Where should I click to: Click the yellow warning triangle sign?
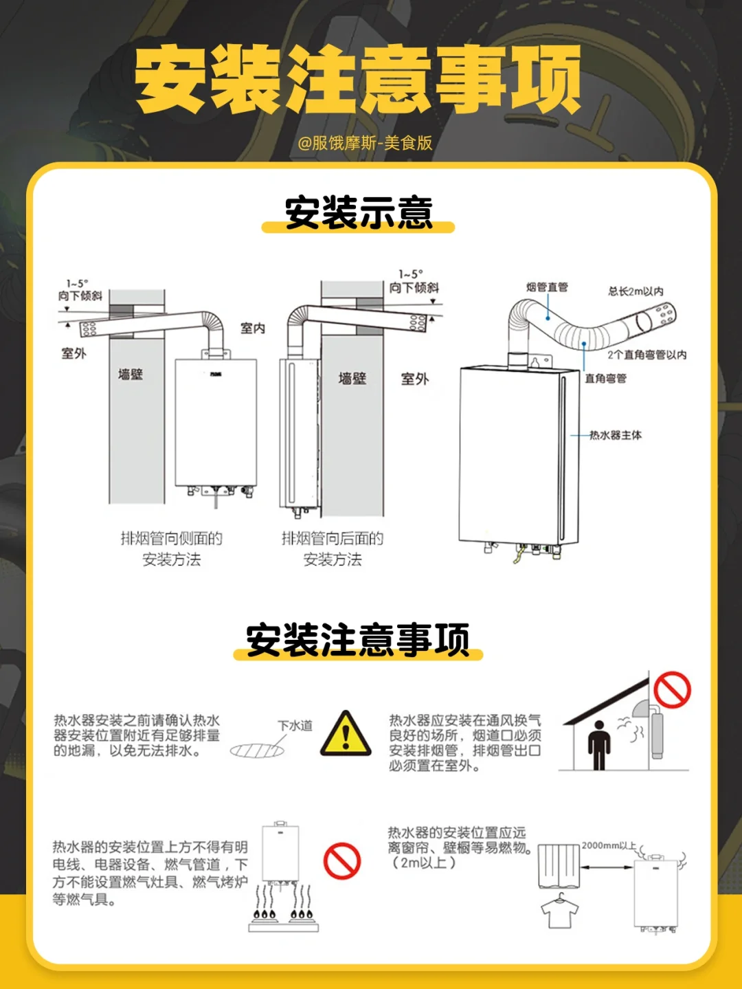pos(346,735)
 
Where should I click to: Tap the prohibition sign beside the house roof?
pos(672,690)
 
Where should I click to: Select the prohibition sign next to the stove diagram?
pos(342,861)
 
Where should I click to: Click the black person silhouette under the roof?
pos(599,745)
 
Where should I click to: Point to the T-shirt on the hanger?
pos(559,911)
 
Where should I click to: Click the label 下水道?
pos(295,726)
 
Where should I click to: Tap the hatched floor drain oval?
pos(257,751)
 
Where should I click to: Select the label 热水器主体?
pos(616,435)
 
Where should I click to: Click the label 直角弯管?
pos(605,378)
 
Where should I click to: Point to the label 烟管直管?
pos(547,287)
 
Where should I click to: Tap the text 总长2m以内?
pos(636,291)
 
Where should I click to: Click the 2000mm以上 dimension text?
pos(609,845)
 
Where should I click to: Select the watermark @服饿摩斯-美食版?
pos(365,143)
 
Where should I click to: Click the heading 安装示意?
pos(359,212)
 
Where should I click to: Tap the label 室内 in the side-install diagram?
pos(253,328)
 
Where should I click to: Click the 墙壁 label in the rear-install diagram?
pos(352,378)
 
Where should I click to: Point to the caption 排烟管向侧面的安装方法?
pos(172,548)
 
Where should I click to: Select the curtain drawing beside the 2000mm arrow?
pos(559,865)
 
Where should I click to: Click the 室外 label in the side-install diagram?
pos(74,353)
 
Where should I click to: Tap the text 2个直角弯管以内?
pos(647,355)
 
